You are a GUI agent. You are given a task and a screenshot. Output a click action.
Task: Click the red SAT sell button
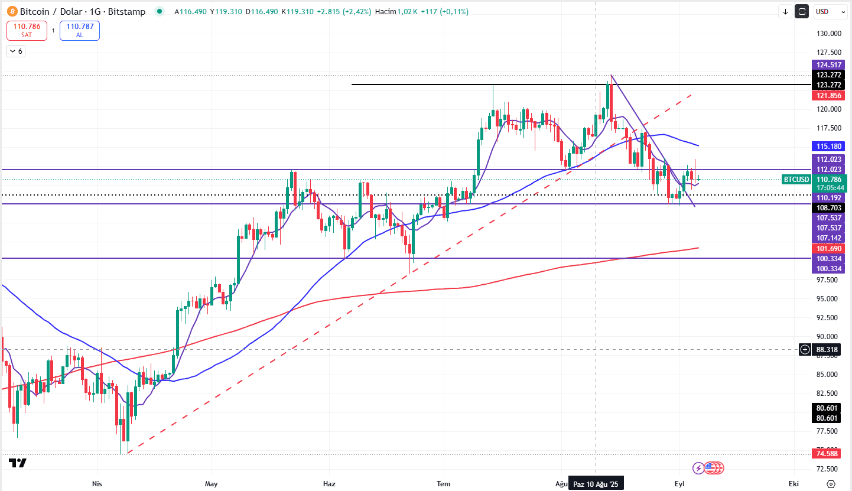27,30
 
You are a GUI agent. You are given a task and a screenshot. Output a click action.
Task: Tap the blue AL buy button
80,30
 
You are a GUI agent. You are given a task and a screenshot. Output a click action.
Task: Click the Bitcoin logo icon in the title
11,11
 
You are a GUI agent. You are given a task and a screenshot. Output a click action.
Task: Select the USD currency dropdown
827,11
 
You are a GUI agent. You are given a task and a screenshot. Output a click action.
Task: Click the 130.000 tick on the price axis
828,34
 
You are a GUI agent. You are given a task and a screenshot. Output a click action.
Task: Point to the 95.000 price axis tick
828,298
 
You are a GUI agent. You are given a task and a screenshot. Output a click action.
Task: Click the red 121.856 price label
828,96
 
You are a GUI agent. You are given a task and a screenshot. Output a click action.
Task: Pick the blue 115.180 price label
828,146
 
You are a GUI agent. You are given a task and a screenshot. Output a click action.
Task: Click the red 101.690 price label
828,249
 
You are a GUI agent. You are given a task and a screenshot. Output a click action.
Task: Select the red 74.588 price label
828,454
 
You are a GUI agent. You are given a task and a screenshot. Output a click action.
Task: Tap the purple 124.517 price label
828,65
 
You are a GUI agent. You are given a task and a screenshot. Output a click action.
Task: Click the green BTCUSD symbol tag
796,179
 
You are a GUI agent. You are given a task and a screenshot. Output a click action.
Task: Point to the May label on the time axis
211,484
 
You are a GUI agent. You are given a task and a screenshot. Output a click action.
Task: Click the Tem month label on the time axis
443,484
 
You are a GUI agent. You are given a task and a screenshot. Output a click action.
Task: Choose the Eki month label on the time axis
794,484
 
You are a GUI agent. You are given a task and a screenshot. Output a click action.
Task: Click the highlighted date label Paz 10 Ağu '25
595,484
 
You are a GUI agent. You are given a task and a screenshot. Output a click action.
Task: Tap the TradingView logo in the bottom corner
18,463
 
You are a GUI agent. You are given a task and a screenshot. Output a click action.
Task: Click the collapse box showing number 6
15,51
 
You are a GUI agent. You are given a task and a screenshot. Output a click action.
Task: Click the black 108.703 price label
828,208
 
